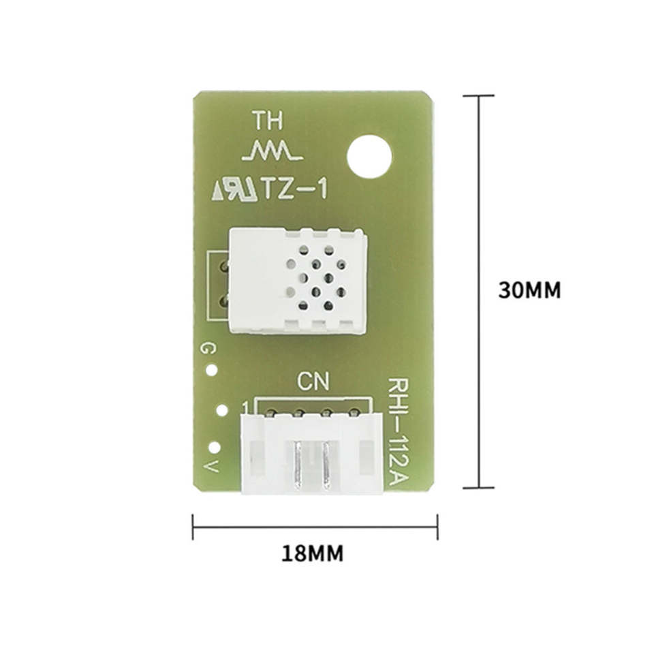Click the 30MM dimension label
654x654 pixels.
point(529,290)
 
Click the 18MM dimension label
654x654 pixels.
point(313,553)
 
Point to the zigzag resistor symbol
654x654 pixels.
point(272,151)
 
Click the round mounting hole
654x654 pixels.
point(369,157)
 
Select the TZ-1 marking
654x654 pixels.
point(294,188)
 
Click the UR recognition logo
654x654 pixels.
point(235,189)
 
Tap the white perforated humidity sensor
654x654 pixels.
point(298,280)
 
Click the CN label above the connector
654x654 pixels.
point(313,382)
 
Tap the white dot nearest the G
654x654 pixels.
point(212,370)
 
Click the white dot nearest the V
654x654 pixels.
point(215,448)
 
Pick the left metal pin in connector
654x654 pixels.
point(298,464)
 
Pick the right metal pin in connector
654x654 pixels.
point(326,464)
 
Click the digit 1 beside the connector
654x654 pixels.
point(246,407)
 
